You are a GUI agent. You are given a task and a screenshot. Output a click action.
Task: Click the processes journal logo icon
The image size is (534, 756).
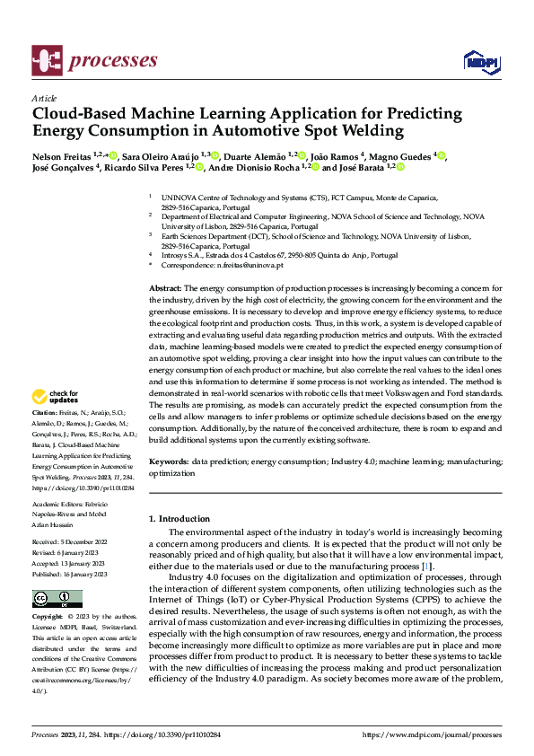click(x=46, y=59)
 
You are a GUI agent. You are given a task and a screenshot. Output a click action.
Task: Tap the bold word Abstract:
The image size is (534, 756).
click(x=165, y=286)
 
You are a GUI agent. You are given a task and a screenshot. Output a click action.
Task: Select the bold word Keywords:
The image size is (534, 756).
click(x=168, y=461)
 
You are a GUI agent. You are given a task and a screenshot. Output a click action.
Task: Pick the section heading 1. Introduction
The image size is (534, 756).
click(x=179, y=519)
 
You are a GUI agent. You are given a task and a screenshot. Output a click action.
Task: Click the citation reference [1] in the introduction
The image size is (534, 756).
click(x=428, y=567)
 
